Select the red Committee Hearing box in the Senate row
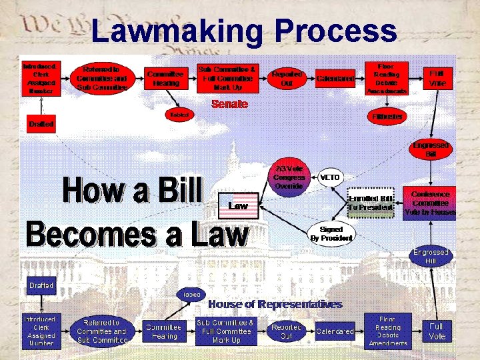pyautogui.click(x=165, y=79)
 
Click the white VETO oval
pyautogui.click(x=330, y=177)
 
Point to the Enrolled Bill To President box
pyautogui.click(x=371, y=203)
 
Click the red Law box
pyautogui.click(x=238, y=206)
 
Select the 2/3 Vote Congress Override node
pyautogui.click(x=289, y=177)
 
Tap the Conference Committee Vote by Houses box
pyautogui.click(x=430, y=203)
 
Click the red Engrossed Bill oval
pyautogui.click(x=431, y=149)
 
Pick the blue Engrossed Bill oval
pyautogui.click(x=431, y=256)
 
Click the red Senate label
pyautogui.click(x=229, y=104)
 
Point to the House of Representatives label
pyautogui.click(x=275, y=304)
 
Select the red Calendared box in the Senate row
pyautogui.click(x=335, y=79)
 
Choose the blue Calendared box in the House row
pyautogui.click(x=335, y=331)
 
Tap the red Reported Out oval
pyautogui.click(x=287, y=79)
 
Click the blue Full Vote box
pyautogui.click(x=437, y=331)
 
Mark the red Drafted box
pyautogui.click(x=41, y=124)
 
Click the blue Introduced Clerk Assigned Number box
pyautogui.click(x=41, y=331)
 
